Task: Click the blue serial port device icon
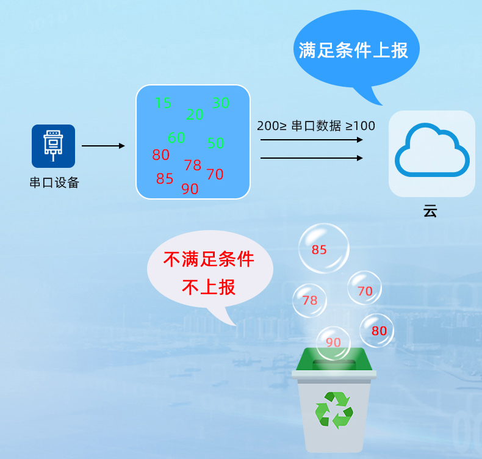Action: (x=53, y=146)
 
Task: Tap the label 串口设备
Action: (x=54, y=183)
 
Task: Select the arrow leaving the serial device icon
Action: (x=103, y=146)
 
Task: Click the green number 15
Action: (x=163, y=103)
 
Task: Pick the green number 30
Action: (x=221, y=103)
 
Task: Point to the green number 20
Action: (x=195, y=114)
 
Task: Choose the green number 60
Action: (x=176, y=138)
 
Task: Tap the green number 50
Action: (x=215, y=143)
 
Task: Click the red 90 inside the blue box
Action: (x=190, y=189)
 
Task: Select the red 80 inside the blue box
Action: (x=161, y=155)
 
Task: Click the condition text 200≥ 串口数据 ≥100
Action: (x=316, y=126)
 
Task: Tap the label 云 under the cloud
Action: (x=430, y=212)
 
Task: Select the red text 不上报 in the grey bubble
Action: (x=209, y=287)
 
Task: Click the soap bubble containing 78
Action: (x=310, y=300)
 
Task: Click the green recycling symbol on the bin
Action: (x=334, y=410)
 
